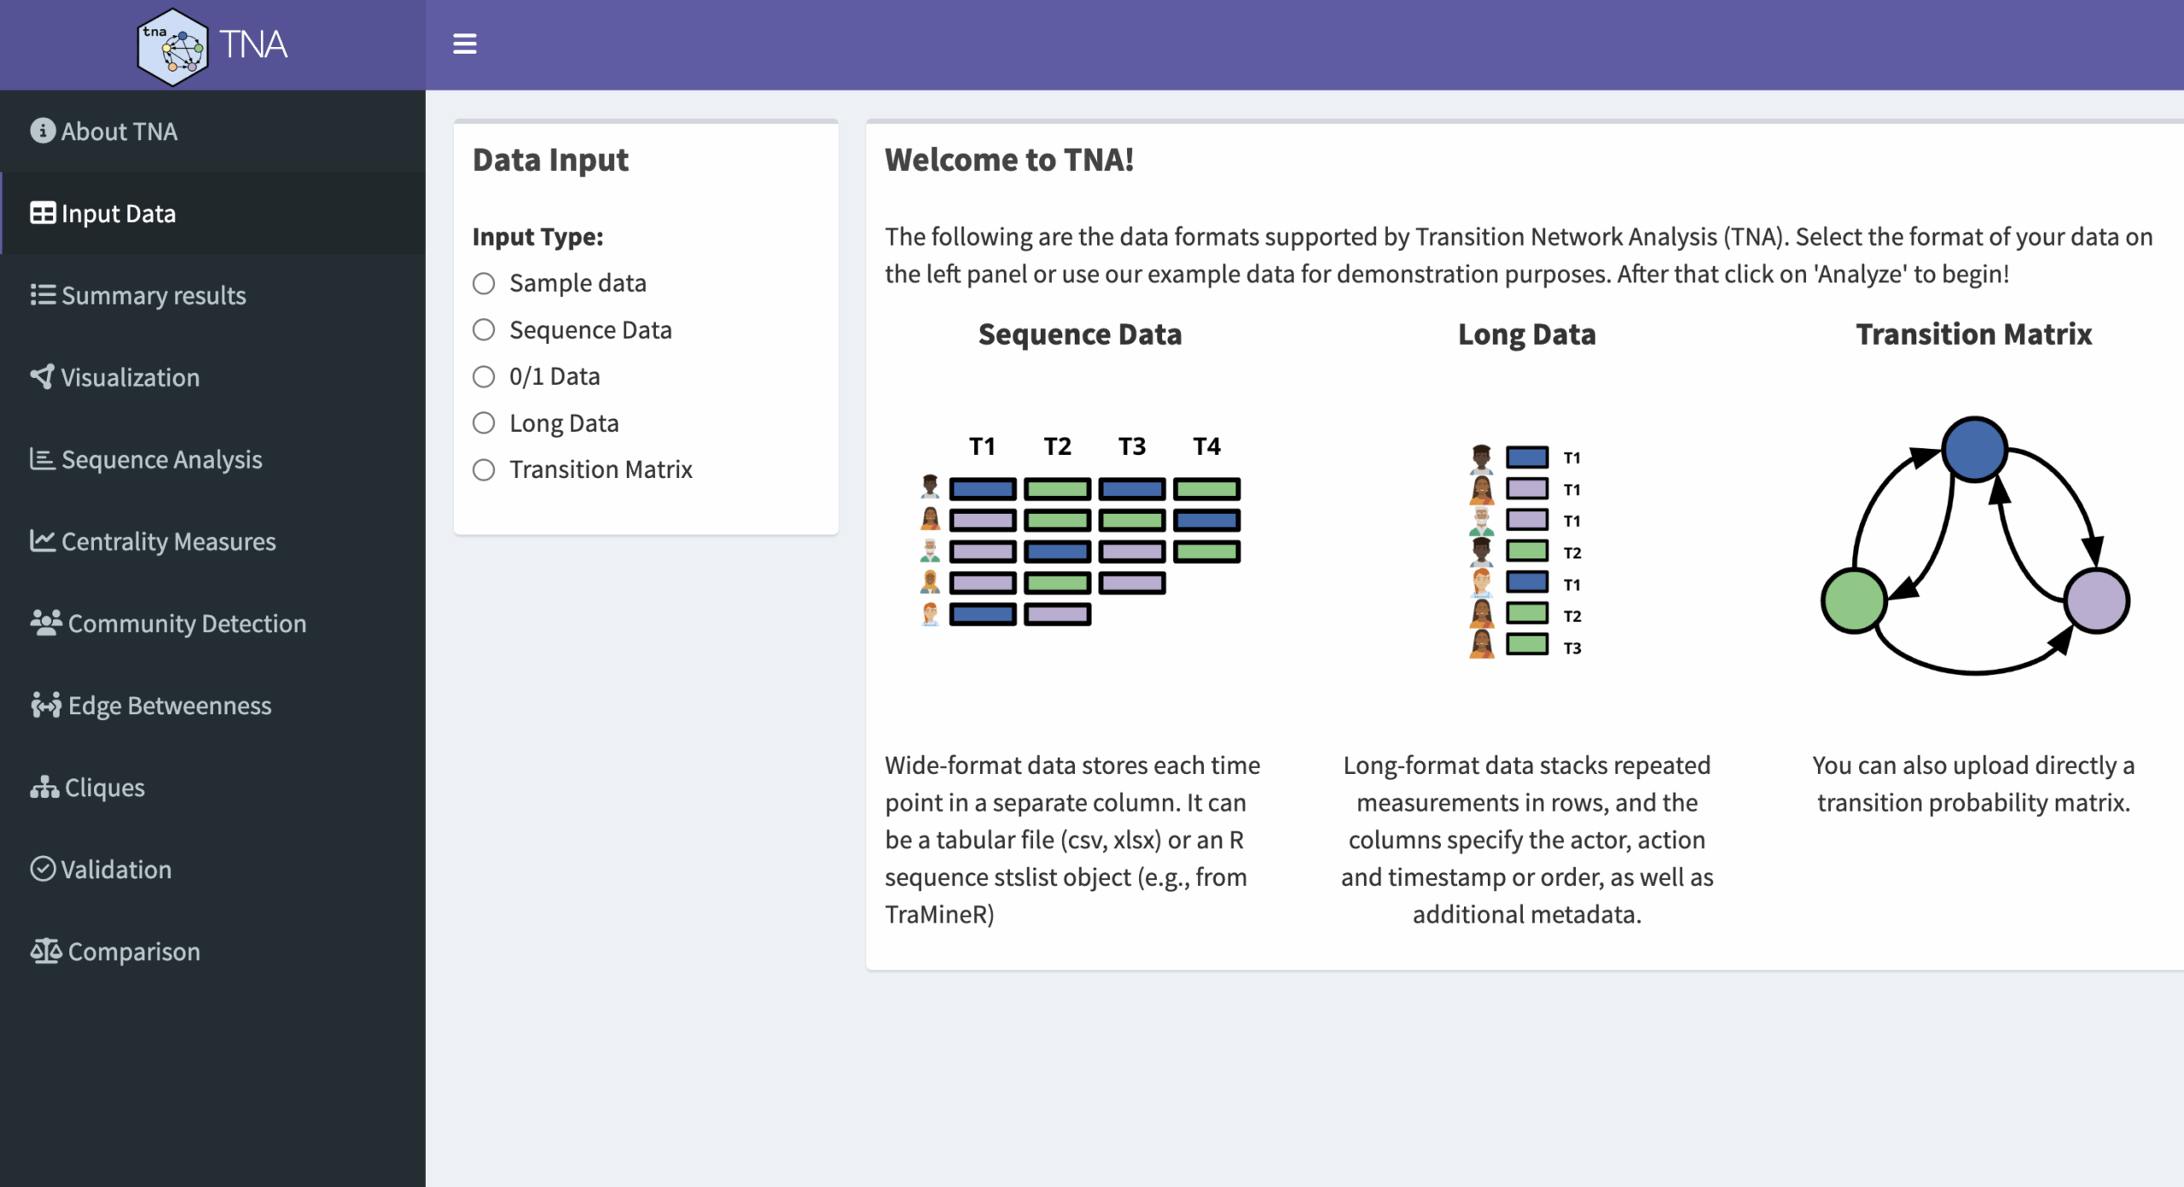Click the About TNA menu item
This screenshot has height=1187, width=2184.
[x=104, y=131]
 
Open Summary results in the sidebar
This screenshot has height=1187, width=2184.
[x=138, y=295]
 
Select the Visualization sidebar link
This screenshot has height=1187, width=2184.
[x=115, y=377]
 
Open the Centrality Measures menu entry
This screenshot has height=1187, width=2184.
[x=154, y=541]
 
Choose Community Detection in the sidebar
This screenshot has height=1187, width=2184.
[x=168, y=623]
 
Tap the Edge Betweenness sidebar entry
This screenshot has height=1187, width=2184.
[x=151, y=705]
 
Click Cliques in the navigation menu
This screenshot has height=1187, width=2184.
[x=88, y=787]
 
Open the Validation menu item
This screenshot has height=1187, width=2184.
[x=101, y=869]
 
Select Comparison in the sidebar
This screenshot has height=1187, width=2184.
[x=115, y=951]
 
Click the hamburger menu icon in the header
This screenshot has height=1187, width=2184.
[x=464, y=44]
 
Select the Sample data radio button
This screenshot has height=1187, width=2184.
[x=484, y=283]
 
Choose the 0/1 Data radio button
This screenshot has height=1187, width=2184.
[x=484, y=376]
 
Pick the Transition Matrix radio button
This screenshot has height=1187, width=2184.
[x=484, y=469]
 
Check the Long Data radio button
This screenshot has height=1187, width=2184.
[x=484, y=423]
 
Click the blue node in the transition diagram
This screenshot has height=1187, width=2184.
[x=1974, y=449]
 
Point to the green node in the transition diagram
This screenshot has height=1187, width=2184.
[x=1853, y=601]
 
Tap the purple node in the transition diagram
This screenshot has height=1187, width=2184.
[x=2097, y=601]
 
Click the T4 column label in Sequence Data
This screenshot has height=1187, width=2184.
[x=1206, y=446]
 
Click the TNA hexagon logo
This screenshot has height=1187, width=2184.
[x=172, y=47]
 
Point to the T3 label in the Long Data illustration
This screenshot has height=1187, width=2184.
[x=1572, y=649]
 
